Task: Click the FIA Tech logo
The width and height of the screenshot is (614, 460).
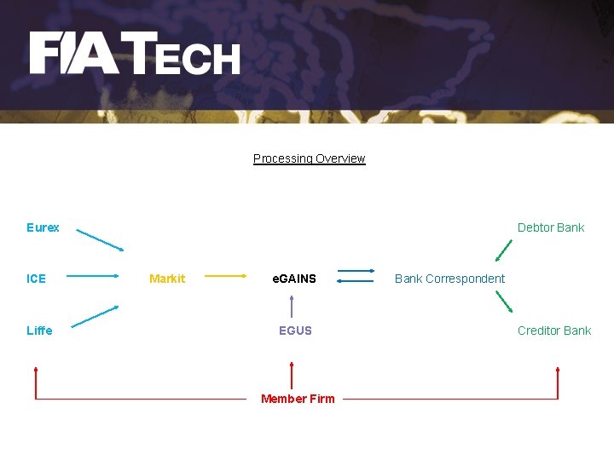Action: pyautogui.click(x=135, y=54)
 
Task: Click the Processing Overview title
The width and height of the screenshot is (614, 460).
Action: pyautogui.click(x=309, y=158)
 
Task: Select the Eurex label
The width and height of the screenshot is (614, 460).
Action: pyautogui.click(x=43, y=227)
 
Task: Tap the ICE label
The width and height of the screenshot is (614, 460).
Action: pyautogui.click(x=36, y=279)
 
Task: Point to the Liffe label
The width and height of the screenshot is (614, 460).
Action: pyautogui.click(x=39, y=331)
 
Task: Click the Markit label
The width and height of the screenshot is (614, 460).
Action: pyautogui.click(x=167, y=279)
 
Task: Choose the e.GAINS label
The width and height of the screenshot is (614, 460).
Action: pyautogui.click(x=294, y=279)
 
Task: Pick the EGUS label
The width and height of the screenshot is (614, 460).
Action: pyautogui.click(x=295, y=331)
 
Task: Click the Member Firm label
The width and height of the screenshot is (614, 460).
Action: pyautogui.click(x=298, y=399)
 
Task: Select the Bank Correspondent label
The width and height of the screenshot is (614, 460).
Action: pyautogui.click(x=449, y=279)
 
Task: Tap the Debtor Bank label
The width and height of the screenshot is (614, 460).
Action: pyautogui.click(x=551, y=227)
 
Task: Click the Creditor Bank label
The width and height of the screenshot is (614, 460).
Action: pyautogui.click(x=554, y=331)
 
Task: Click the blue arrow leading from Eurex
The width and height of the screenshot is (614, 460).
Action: pyautogui.click(x=99, y=239)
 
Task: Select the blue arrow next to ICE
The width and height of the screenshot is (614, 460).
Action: pyautogui.click(x=92, y=276)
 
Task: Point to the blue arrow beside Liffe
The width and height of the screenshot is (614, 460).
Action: pyautogui.click(x=95, y=316)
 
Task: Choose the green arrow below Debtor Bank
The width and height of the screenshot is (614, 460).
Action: pyautogui.click(x=504, y=250)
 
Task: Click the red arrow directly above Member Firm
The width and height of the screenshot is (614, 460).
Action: pyautogui.click(x=293, y=376)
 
